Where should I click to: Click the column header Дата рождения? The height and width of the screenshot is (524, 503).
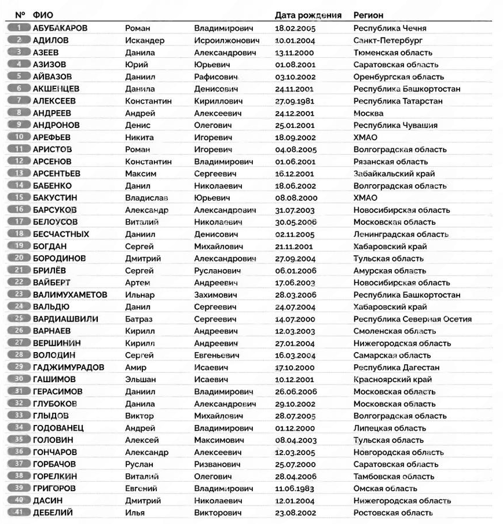[308, 15]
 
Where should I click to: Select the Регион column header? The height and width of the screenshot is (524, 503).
[368, 15]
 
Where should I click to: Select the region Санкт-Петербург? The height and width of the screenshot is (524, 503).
[388, 41]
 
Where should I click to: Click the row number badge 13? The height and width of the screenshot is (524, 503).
[20, 173]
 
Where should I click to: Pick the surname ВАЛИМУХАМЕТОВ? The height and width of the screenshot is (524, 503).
[70, 295]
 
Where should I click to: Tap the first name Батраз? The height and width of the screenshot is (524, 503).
[139, 319]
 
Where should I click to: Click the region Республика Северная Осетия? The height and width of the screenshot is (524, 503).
[412, 319]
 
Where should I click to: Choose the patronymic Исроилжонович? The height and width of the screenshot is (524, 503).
[227, 41]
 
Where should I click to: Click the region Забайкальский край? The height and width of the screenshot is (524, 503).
[394, 173]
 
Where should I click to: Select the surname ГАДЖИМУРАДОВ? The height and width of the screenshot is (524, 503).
[68, 367]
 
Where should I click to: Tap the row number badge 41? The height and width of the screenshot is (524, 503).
[20, 512]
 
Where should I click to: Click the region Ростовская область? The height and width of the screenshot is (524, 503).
[392, 512]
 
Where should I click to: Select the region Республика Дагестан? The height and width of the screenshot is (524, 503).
[396, 367]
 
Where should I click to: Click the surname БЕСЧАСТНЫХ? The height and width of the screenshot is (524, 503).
[61, 234]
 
